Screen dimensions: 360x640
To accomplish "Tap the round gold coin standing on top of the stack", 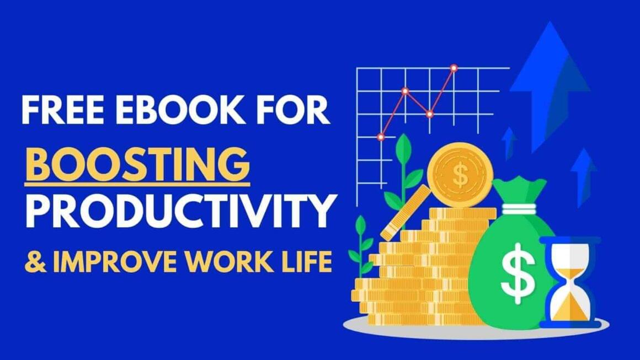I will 459,175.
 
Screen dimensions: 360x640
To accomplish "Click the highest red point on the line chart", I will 454,68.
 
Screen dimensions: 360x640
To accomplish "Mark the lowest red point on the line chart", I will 381,136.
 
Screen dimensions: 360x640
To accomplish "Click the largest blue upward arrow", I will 548,77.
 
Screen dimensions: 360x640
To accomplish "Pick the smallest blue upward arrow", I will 509,141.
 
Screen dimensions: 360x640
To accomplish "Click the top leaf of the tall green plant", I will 404,144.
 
